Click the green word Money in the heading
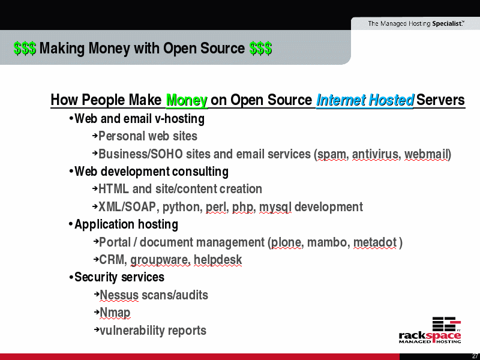[x=187, y=100]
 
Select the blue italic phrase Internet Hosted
[x=365, y=100]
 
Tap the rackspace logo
[x=430, y=330]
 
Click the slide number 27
[x=476, y=356]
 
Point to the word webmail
[x=427, y=154]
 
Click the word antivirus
[x=375, y=154]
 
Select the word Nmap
[x=115, y=313]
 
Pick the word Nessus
[x=119, y=295]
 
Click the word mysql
[x=275, y=207]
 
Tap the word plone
[x=286, y=243]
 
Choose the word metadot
[x=375, y=242]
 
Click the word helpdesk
[x=218, y=260]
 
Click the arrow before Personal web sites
[x=95, y=135]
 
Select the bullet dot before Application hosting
[x=71, y=224]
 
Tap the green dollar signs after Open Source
[x=260, y=49]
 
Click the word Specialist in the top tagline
[x=447, y=23]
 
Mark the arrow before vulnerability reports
[x=97, y=329]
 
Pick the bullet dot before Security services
[x=71, y=277]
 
